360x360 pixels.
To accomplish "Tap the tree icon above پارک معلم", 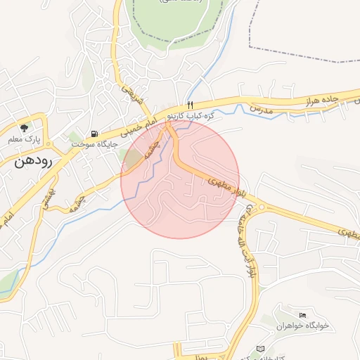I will click(25, 128).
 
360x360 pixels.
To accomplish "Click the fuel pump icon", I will click(94, 134).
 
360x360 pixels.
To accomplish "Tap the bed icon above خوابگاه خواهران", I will click(303, 314).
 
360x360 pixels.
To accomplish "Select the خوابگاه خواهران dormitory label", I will click(302, 326).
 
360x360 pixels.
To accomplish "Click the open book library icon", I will click(262, 349).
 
